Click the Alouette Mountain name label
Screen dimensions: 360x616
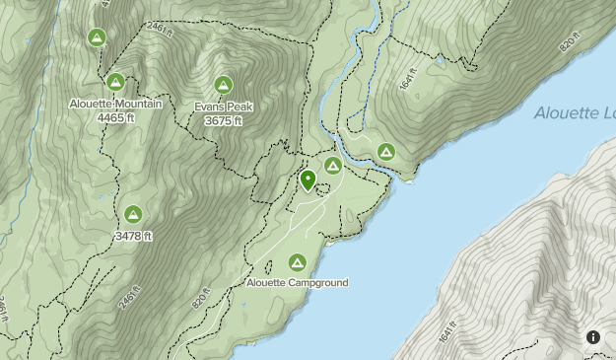click(x=115, y=104)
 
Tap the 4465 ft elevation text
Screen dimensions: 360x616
click(x=115, y=117)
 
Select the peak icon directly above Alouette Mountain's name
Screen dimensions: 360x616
click(x=115, y=83)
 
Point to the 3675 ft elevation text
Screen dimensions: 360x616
click(x=224, y=120)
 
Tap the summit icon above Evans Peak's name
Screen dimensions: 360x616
click(x=224, y=86)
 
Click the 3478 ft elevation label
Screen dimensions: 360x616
click(x=133, y=236)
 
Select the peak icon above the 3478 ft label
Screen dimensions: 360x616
click(x=133, y=214)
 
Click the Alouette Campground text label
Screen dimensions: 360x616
click(x=297, y=283)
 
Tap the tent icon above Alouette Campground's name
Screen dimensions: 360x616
click(x=297, y=262)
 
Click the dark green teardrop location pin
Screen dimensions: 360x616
click(x=308, y=180)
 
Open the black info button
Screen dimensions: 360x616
click(x=593, y=337)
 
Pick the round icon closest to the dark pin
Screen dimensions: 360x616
click(x=333, y=166)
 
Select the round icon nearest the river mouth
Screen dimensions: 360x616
click(x=385, y=152)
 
